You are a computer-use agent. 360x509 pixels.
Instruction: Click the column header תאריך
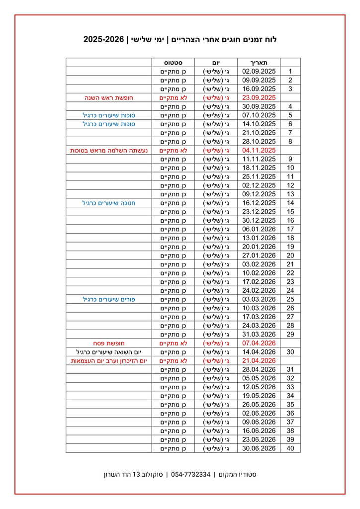[259, 63]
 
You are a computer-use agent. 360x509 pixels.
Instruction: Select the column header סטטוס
[173, 63]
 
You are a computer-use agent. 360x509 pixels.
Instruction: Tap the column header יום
[216, 63]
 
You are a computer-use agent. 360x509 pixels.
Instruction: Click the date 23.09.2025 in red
[259, 98]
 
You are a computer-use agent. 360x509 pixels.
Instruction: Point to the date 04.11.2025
[259, 150]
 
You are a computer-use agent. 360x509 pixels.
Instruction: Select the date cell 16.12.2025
[259, 203]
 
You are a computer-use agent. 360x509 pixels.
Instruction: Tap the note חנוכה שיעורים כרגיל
[109, 203]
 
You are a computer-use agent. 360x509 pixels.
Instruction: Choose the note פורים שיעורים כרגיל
[109, 299]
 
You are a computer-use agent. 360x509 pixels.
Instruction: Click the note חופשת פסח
[109, 343]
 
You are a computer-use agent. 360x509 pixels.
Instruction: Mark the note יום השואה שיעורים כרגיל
[109, 352]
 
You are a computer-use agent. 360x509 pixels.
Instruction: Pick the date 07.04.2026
[259, 343]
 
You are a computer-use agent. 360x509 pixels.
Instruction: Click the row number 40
[290, 448]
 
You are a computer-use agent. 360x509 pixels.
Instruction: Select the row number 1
[290, 72]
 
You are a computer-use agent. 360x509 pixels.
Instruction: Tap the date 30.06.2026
[259, 448]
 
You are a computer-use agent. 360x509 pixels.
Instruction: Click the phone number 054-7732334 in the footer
[190, 474]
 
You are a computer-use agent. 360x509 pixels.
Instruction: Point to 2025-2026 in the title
[103, 39]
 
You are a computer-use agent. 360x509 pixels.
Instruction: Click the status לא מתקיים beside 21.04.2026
[173, 361]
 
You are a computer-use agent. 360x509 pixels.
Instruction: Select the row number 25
[290, 299]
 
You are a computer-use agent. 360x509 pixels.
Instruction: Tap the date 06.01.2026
[259, 229]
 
